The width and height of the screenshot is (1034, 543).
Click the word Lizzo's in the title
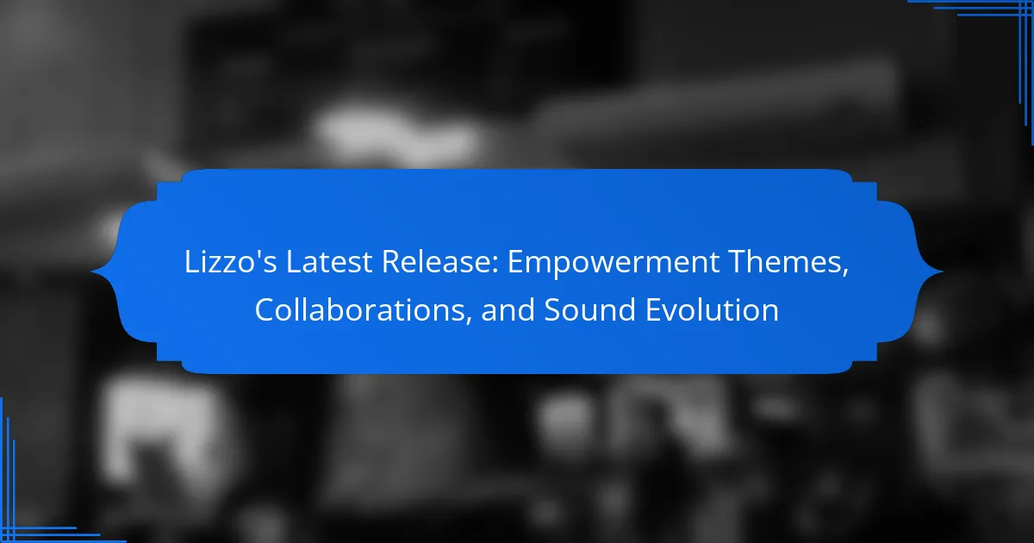[x=230, y=262]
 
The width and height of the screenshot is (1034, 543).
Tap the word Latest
[x=328, y=262]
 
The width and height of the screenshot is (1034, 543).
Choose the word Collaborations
[x=359, y=309]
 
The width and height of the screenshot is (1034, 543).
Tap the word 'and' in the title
[x=508, y=309]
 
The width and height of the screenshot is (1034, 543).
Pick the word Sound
[x=590, y=309]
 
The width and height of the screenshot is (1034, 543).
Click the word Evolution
[x=713, y=309]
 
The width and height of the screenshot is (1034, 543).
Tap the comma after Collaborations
[x=469, y=321]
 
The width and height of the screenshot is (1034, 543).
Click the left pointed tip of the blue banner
[x=91, y=272]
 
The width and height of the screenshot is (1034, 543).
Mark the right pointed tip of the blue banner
[x=943, y=272]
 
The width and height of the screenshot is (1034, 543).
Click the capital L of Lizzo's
[x=192, y=262]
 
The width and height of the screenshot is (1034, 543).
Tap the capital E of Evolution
[x=653, y=309]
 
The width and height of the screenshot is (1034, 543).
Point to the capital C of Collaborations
[x=265, y=309]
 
